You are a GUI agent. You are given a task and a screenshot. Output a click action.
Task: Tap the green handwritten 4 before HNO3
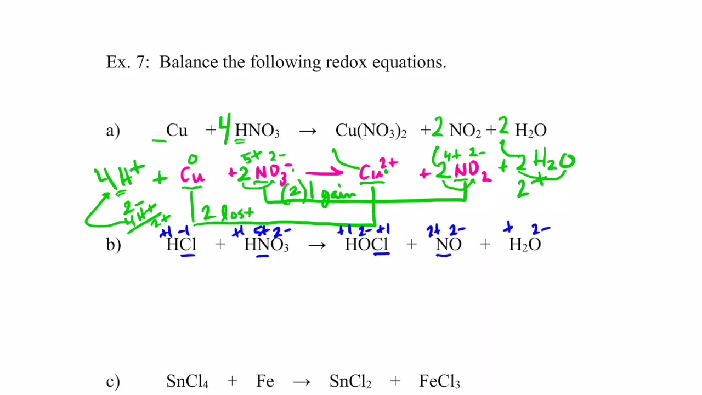click(224, 129)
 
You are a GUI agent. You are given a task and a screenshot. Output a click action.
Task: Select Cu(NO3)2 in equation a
click(371, 131)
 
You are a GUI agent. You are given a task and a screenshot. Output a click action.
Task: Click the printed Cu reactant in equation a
click(177, 131)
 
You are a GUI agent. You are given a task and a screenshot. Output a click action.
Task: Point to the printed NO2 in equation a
click(465, 131)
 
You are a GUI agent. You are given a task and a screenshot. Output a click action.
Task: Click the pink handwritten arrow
click(325, 174)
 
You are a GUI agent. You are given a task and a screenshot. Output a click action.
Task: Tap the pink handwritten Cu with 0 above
click(192, 175)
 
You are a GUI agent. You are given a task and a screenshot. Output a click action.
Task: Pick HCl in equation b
click(181, 245)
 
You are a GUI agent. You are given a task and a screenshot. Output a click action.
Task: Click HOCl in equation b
click(367, 245)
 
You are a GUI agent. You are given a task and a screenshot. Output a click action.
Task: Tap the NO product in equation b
click(449, 245)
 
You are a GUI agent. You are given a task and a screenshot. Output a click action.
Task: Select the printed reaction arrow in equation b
click(317, 245)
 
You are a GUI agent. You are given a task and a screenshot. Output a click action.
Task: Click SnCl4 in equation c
click(187, 382)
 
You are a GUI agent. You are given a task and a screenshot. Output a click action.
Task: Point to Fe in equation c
click(265, 382)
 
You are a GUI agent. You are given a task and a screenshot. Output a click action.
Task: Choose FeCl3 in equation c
click(439, 382)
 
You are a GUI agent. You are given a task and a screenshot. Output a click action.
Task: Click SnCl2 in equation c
click(350, 382)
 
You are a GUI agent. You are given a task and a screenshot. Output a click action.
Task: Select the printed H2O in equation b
click(525, 245)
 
